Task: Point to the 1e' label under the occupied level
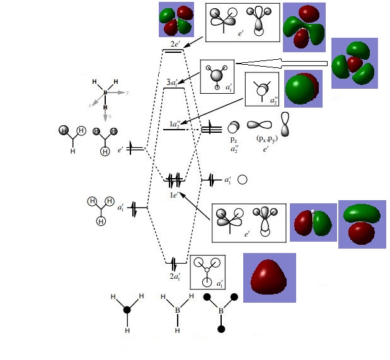173,195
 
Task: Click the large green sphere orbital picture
303,89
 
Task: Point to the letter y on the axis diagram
127,93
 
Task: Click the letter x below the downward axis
108,117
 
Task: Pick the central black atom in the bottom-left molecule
127,310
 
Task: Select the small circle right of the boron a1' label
242,180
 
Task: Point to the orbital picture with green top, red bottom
361,223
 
